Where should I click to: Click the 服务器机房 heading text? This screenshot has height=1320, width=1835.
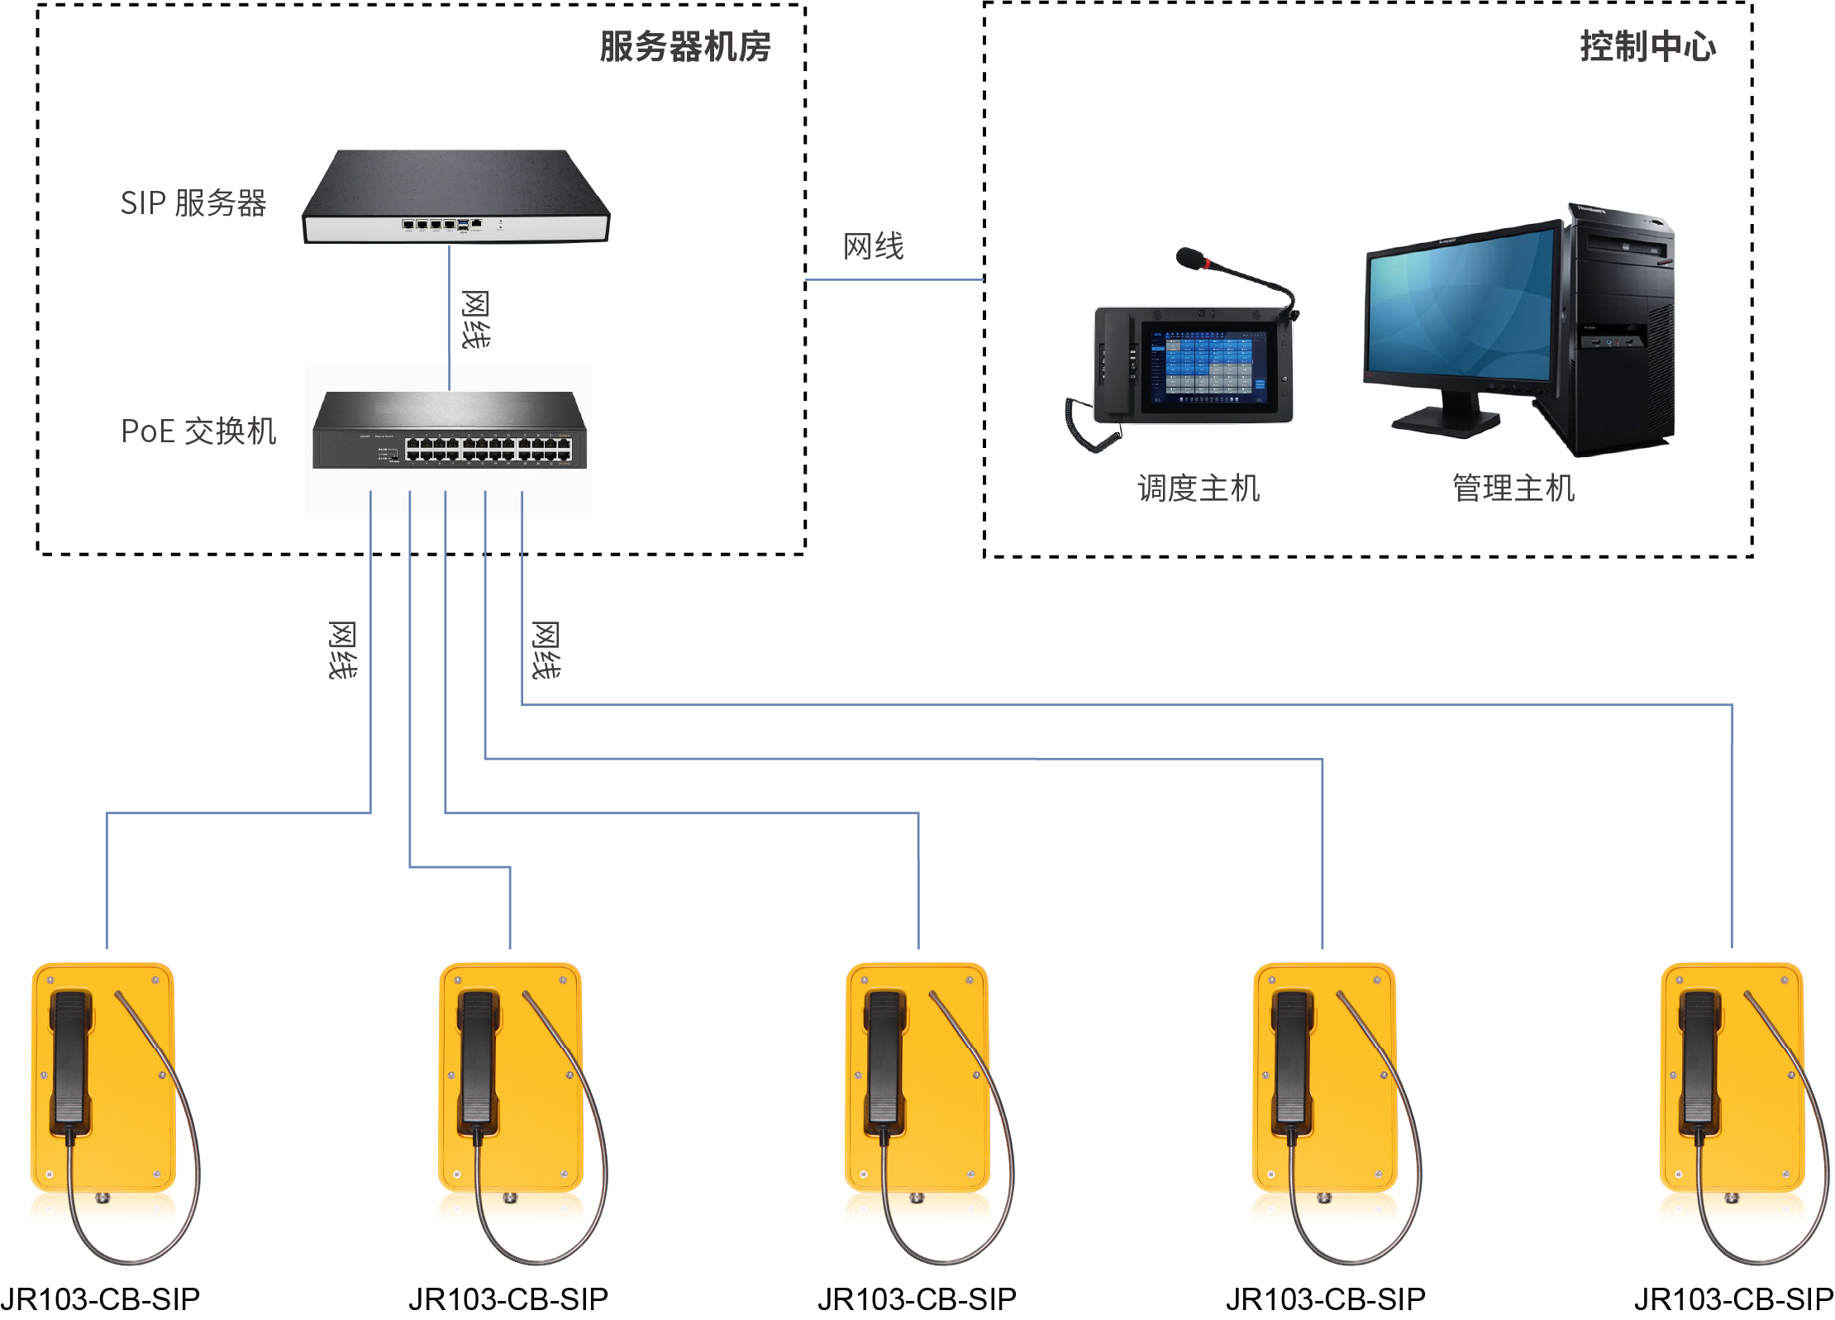[684, 46]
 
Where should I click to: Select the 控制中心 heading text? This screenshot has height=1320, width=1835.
[1647, 46]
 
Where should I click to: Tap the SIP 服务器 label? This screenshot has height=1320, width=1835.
[193, 203]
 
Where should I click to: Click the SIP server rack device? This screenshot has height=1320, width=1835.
[455, 198]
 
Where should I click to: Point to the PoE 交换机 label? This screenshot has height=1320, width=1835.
[198, 431]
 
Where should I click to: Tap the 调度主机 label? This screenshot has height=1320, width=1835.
[1199, 488]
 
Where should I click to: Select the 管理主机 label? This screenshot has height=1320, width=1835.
[1513, 488]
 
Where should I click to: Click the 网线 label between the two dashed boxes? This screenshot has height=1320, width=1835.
[874, 246]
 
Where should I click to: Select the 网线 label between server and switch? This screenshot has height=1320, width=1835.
[475, 319]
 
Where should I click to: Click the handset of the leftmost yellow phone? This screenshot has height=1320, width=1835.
[69, 1058]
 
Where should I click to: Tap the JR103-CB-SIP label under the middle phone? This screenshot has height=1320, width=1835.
[917, 1299]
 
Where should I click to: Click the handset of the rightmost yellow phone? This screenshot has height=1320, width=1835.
[1699, 1058]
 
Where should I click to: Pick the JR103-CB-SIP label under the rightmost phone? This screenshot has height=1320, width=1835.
[1733, 1299]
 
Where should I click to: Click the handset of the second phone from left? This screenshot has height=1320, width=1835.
[478, 1058]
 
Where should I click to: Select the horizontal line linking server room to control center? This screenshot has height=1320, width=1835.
[895, 280]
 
